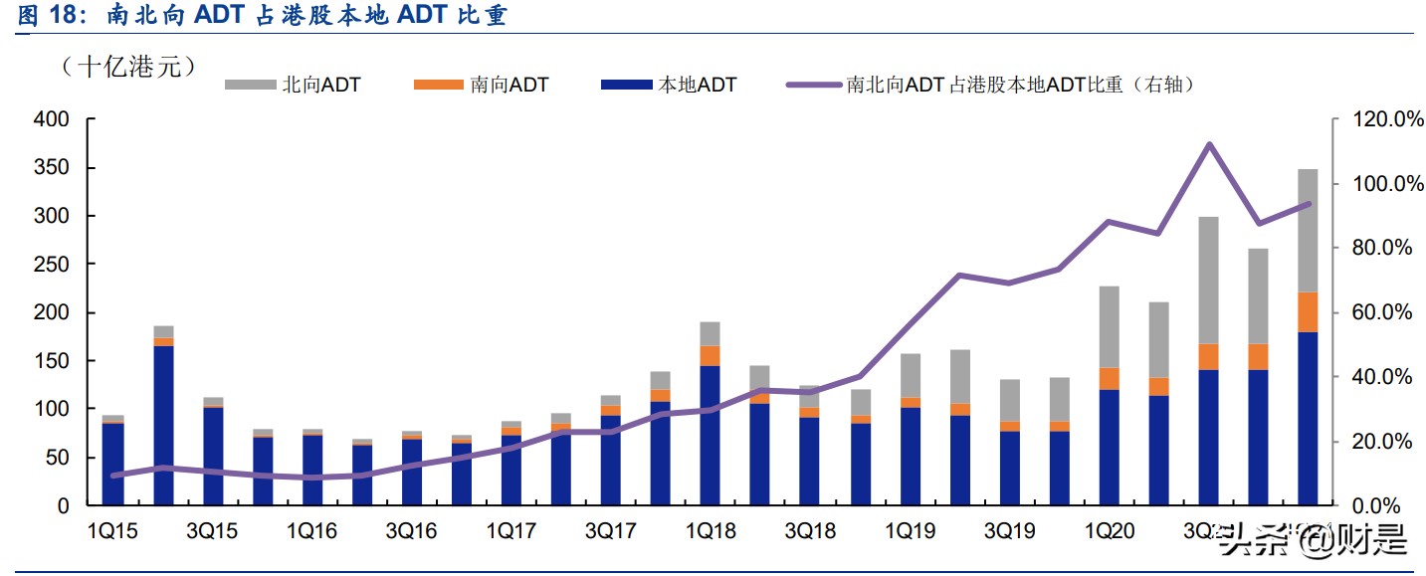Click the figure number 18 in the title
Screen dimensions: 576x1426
[x=65, y=16]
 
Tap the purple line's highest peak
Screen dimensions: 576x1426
[x=1209, y=144]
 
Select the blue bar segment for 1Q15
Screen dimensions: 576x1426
[x=113, y=465]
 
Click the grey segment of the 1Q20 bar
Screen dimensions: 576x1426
[x=1110, y=326]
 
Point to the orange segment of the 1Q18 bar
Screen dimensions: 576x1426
[x=711, y=355]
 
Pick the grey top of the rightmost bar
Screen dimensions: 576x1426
[x=1309, y=230]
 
